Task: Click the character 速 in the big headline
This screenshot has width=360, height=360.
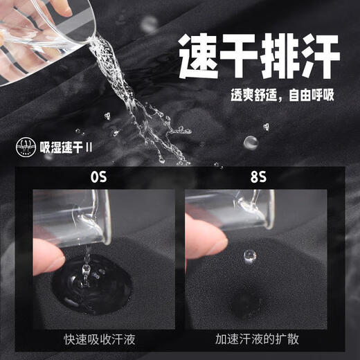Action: [199, 56]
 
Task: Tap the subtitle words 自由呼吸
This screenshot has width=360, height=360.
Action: [311, 95]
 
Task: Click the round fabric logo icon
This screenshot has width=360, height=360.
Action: [26, 147]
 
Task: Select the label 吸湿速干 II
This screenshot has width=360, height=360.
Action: [66, 147]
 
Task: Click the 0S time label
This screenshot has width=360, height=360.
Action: [98, 177]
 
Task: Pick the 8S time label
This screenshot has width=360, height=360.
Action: [258, 177]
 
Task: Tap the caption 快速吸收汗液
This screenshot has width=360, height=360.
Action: [100, 339]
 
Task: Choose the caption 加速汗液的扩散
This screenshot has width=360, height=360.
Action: [257, 339]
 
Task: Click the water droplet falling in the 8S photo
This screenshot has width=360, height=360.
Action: [250, 257]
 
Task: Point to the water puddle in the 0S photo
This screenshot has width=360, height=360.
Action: [92, 284]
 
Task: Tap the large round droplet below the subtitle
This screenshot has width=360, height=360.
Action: [251, 143]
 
